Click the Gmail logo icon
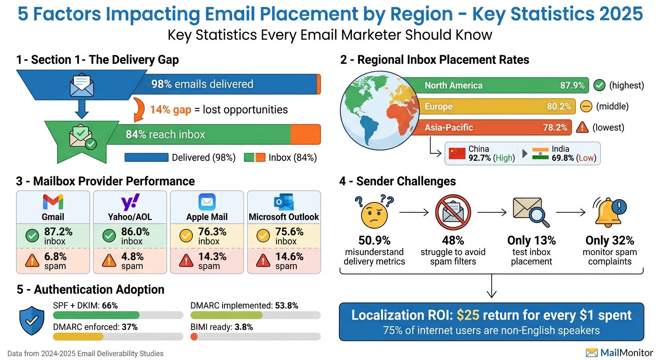[x=52, y=202]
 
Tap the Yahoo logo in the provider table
[x=130, y=202]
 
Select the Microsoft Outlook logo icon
[x=284, y=202]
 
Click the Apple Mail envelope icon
[x=207, y=202]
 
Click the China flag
[x=457, y=153]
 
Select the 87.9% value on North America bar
[x=572, y=85]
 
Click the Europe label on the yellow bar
[x=438, y=106]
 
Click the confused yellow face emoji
[x=374, y=212]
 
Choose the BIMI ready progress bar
[x=255, y=336]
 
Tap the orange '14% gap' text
[x=171, y=110]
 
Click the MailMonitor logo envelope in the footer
[x=592, y=352]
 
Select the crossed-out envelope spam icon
[x=453, y=212]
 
